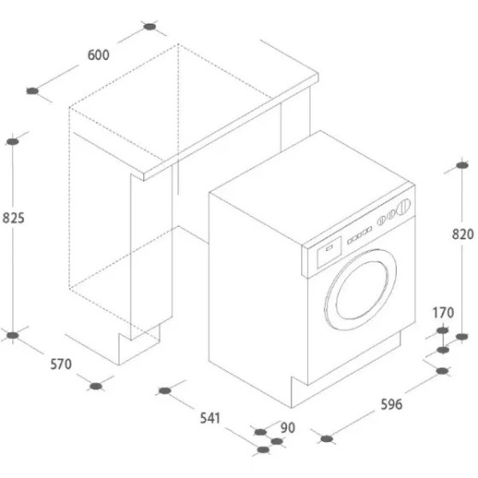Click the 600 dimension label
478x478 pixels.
pos(98,55)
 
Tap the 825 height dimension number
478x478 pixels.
pos(14,219)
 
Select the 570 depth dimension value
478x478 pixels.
pos(61,364)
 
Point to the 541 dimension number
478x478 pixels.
pos(210,418)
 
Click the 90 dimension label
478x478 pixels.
pos(288,428)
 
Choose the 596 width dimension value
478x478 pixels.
pos(392,405)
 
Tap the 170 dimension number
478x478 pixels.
pos(443,312)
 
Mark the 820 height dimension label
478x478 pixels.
pos(463,235)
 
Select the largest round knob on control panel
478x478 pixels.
pos(403,205)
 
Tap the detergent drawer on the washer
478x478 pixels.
pos(329,252)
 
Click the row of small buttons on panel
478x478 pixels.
pos(359,235)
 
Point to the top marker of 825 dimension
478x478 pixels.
pos(13,142)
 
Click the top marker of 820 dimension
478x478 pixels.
pos(462,166)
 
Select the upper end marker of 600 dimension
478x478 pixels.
pos(149,26)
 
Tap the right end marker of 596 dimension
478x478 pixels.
pos(442,370)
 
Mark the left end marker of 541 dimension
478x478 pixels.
pos(165,391)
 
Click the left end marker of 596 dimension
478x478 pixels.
pos(327,439)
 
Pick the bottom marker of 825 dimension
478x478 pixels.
pos(13,335)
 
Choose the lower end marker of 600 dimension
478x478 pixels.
pos(32,90)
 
